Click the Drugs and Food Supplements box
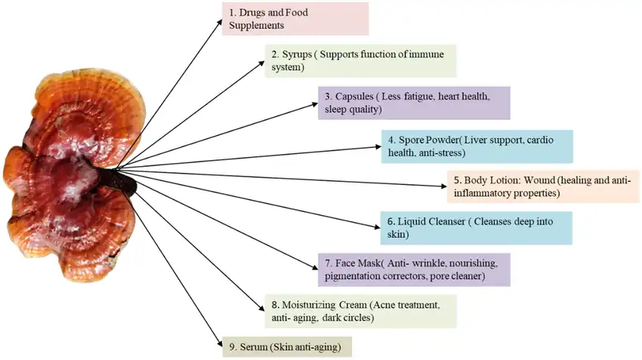point(295,19)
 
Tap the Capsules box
point(414,103)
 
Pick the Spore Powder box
point(476,146)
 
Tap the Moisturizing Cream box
point(361,312)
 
